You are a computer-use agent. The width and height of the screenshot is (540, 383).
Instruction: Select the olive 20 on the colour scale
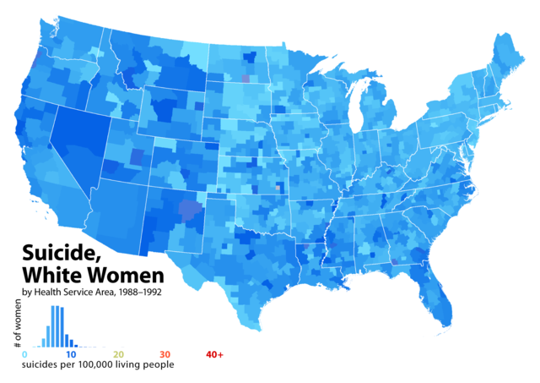click(119, 354)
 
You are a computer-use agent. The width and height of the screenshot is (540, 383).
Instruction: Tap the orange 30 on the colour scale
click(165, 354)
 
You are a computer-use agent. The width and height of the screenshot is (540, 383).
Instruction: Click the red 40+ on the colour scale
click(214, 354)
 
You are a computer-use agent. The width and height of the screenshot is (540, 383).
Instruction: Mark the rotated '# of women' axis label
click(17, 328)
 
